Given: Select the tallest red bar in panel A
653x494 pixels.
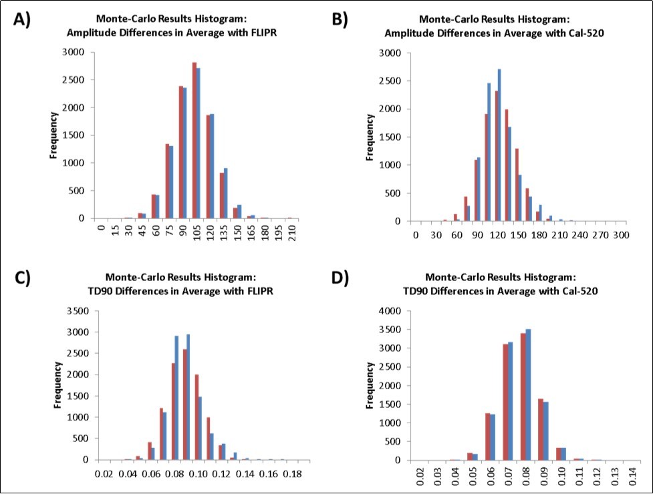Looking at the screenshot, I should (194, 140).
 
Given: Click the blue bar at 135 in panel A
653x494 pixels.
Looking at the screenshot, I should (225, 193).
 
